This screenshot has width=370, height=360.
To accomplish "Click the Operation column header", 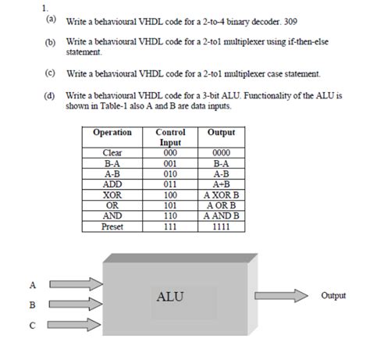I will [x=112, y=133].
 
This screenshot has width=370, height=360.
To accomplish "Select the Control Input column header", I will [x=170, y=137].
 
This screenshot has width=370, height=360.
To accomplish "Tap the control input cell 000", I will [x=170, y=154].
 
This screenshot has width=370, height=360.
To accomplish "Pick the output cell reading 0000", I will [x=221, y=154].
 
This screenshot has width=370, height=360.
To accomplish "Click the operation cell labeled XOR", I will [x=112, y=194].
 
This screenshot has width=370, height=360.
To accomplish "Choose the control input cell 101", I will [x=170, y=205].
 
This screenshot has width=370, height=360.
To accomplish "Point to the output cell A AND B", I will [x=221, y=215].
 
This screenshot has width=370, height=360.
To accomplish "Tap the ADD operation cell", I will [x=112, y=184].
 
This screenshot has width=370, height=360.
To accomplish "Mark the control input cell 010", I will [x=170, y=174].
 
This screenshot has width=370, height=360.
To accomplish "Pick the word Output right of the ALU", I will [x=333, y=296].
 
